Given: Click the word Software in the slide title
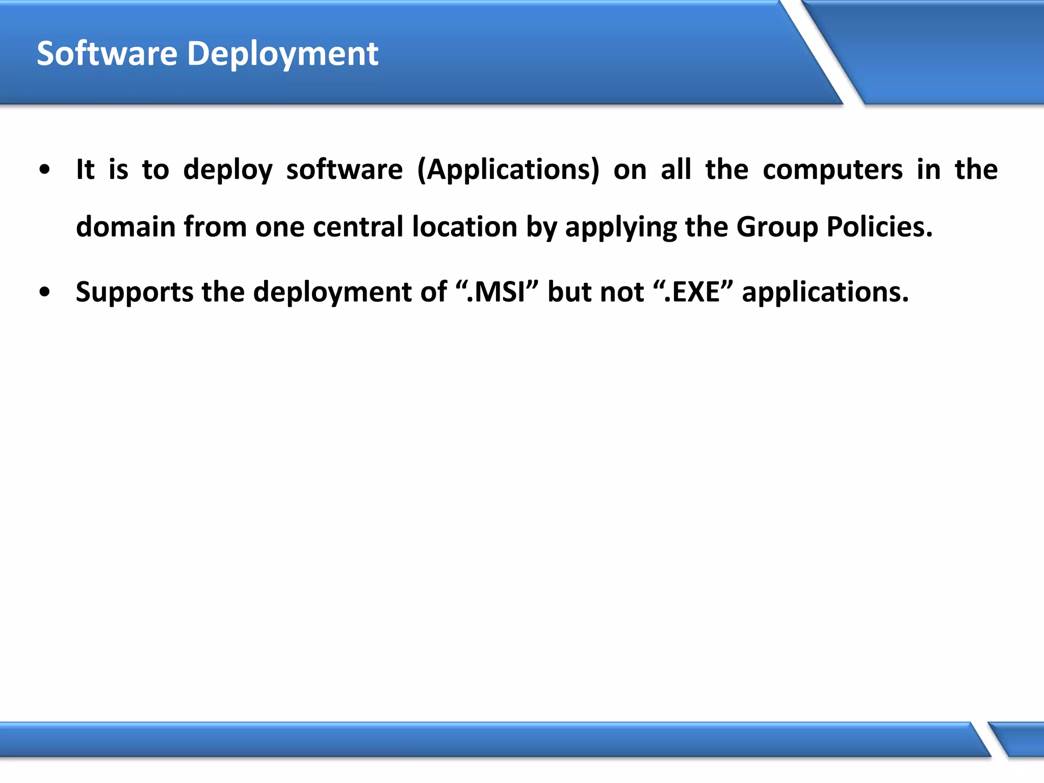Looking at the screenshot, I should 107,54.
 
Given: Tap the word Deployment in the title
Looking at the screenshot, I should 283,55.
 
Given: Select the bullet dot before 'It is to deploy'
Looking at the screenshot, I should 45,169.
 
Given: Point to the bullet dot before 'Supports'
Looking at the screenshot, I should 45,292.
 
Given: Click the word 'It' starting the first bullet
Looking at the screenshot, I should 85,169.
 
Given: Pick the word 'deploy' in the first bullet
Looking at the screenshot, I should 228,170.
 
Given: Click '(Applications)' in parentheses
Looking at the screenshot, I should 508,170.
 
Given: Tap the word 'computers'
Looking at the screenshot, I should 832,170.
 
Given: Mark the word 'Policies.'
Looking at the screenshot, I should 879,227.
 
